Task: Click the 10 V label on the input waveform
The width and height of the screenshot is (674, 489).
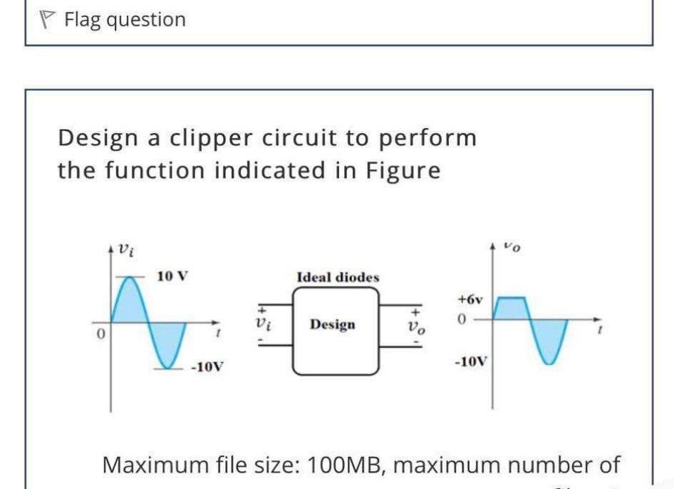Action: [172, 276]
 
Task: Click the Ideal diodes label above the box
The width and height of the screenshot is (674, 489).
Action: [338, 277]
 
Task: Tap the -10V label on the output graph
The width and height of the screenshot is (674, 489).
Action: [471, 361]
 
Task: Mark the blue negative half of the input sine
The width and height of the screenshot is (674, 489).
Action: [168, 345]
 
